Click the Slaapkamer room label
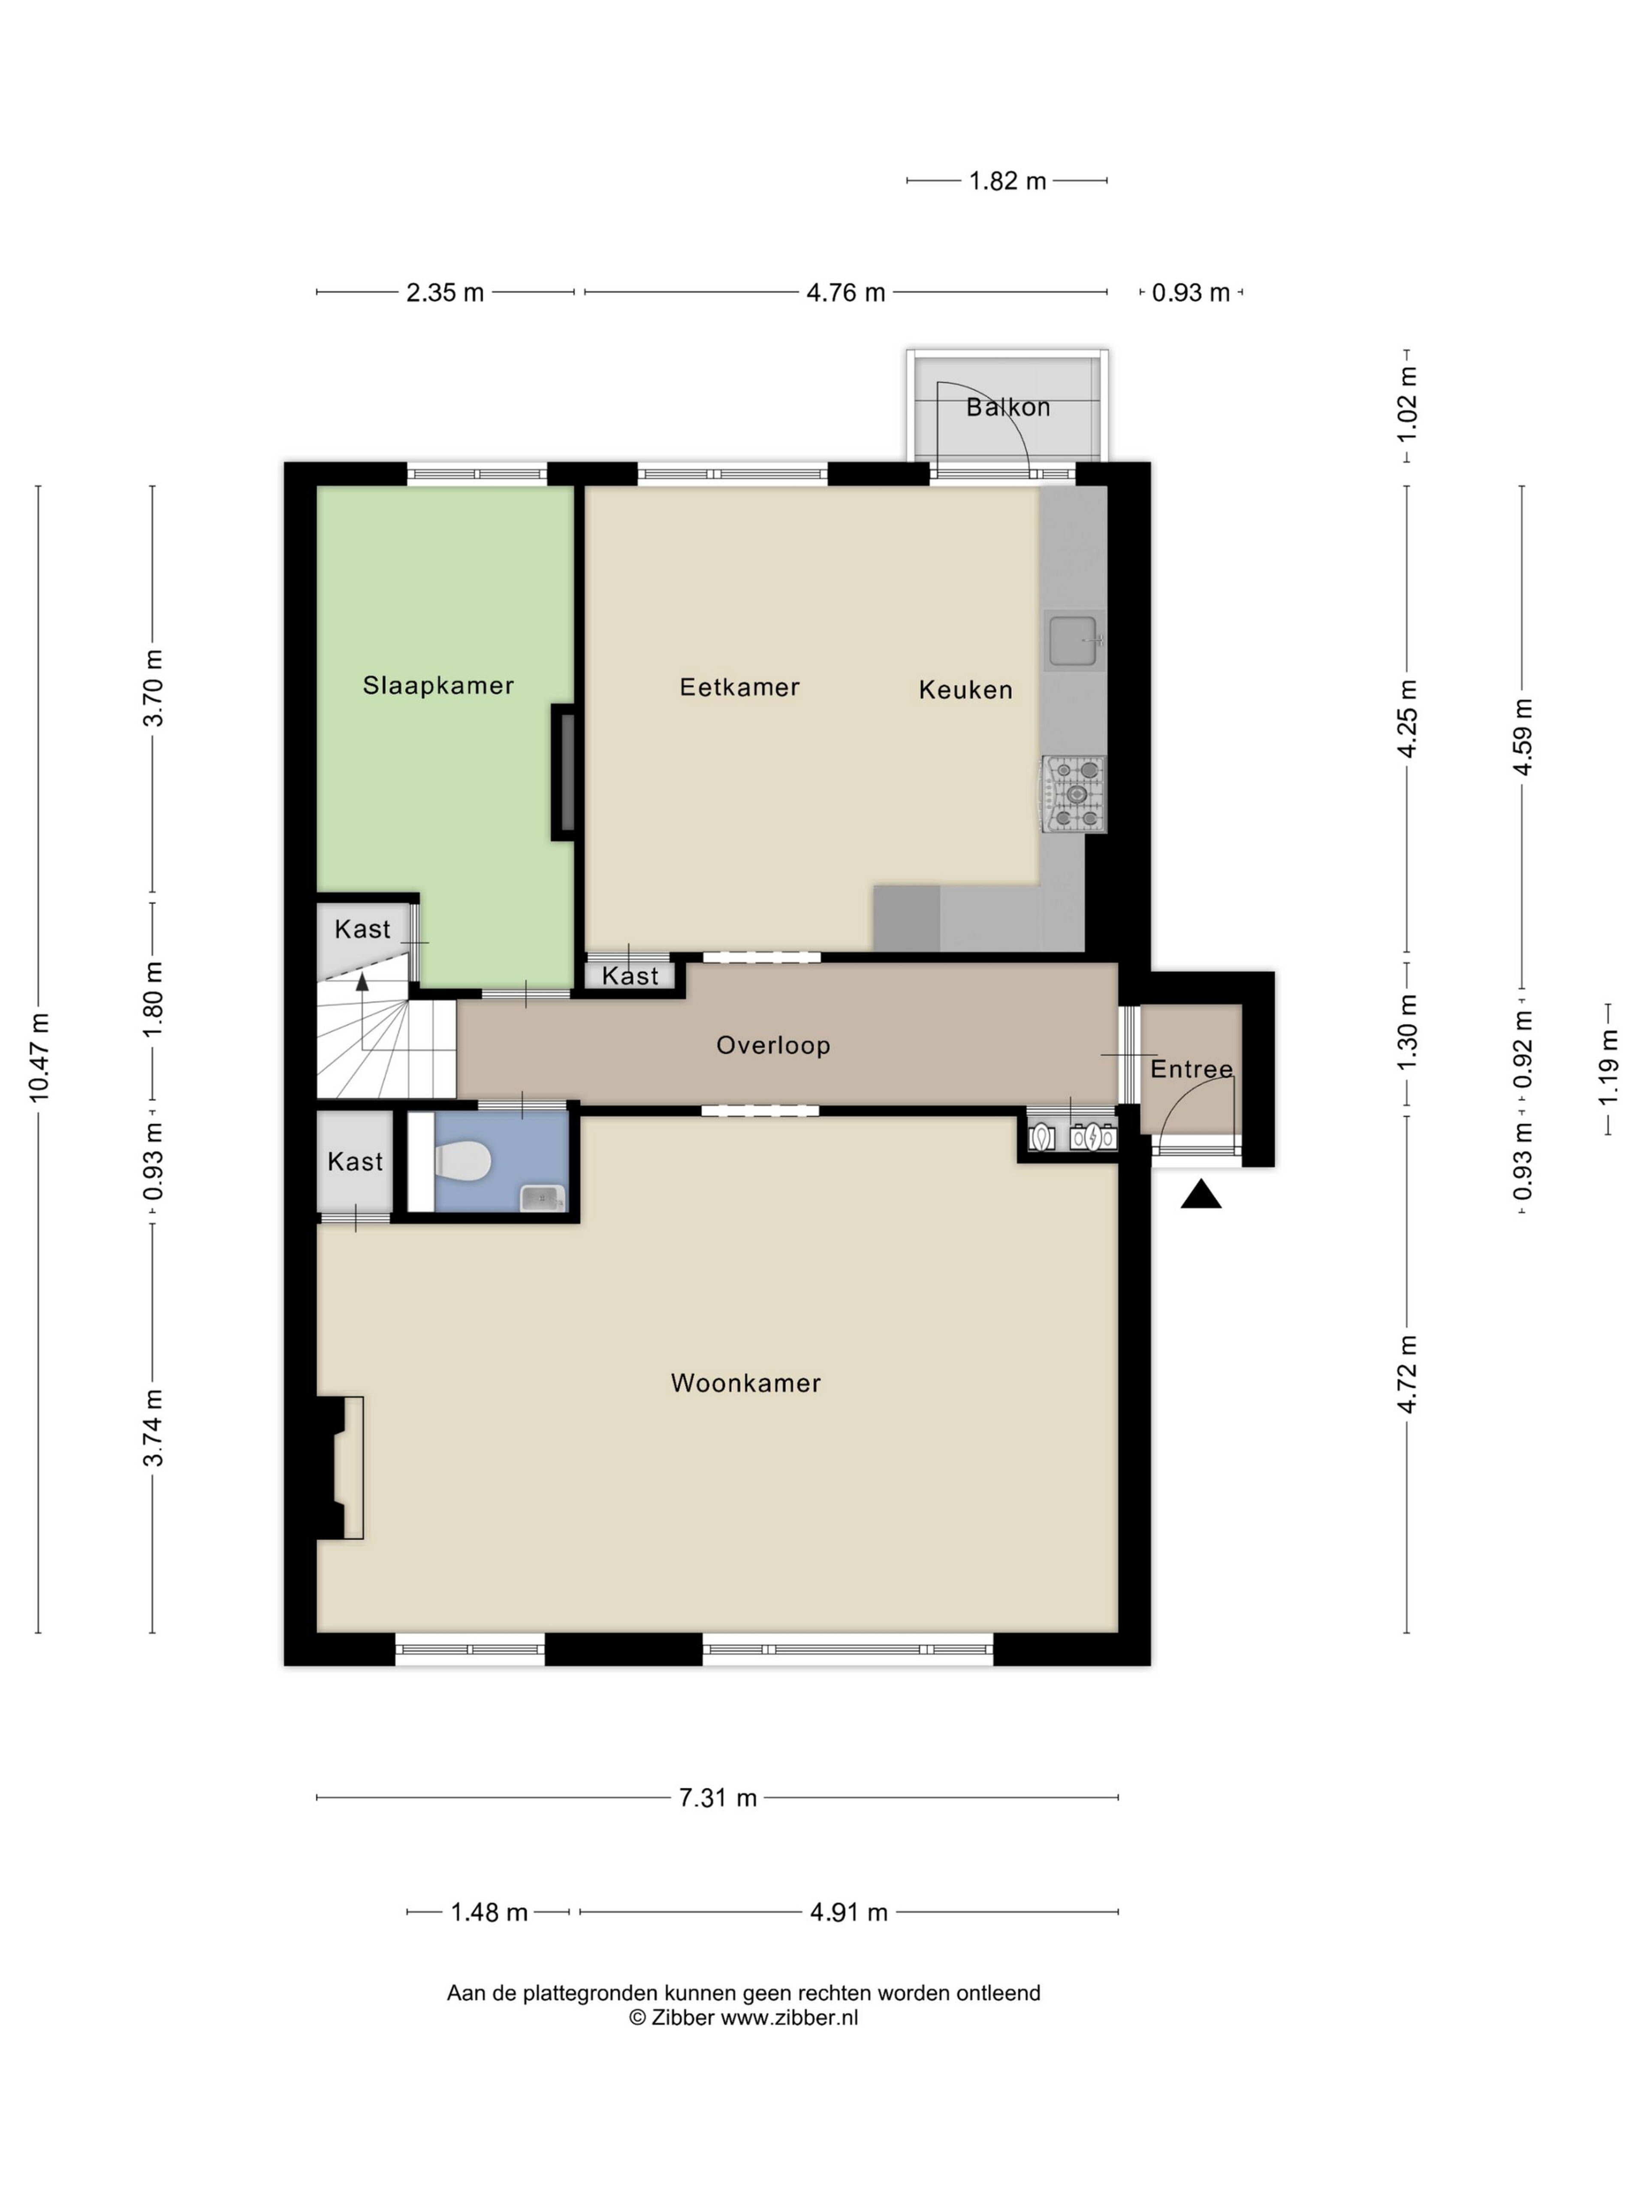438,685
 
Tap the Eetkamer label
739,687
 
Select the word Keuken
965,690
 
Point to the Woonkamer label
745,1383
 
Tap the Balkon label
1008,407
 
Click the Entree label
1192,1069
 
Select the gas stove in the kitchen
1073,793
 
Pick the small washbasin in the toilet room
542,1198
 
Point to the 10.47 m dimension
39,1058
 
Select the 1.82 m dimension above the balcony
1008,181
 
